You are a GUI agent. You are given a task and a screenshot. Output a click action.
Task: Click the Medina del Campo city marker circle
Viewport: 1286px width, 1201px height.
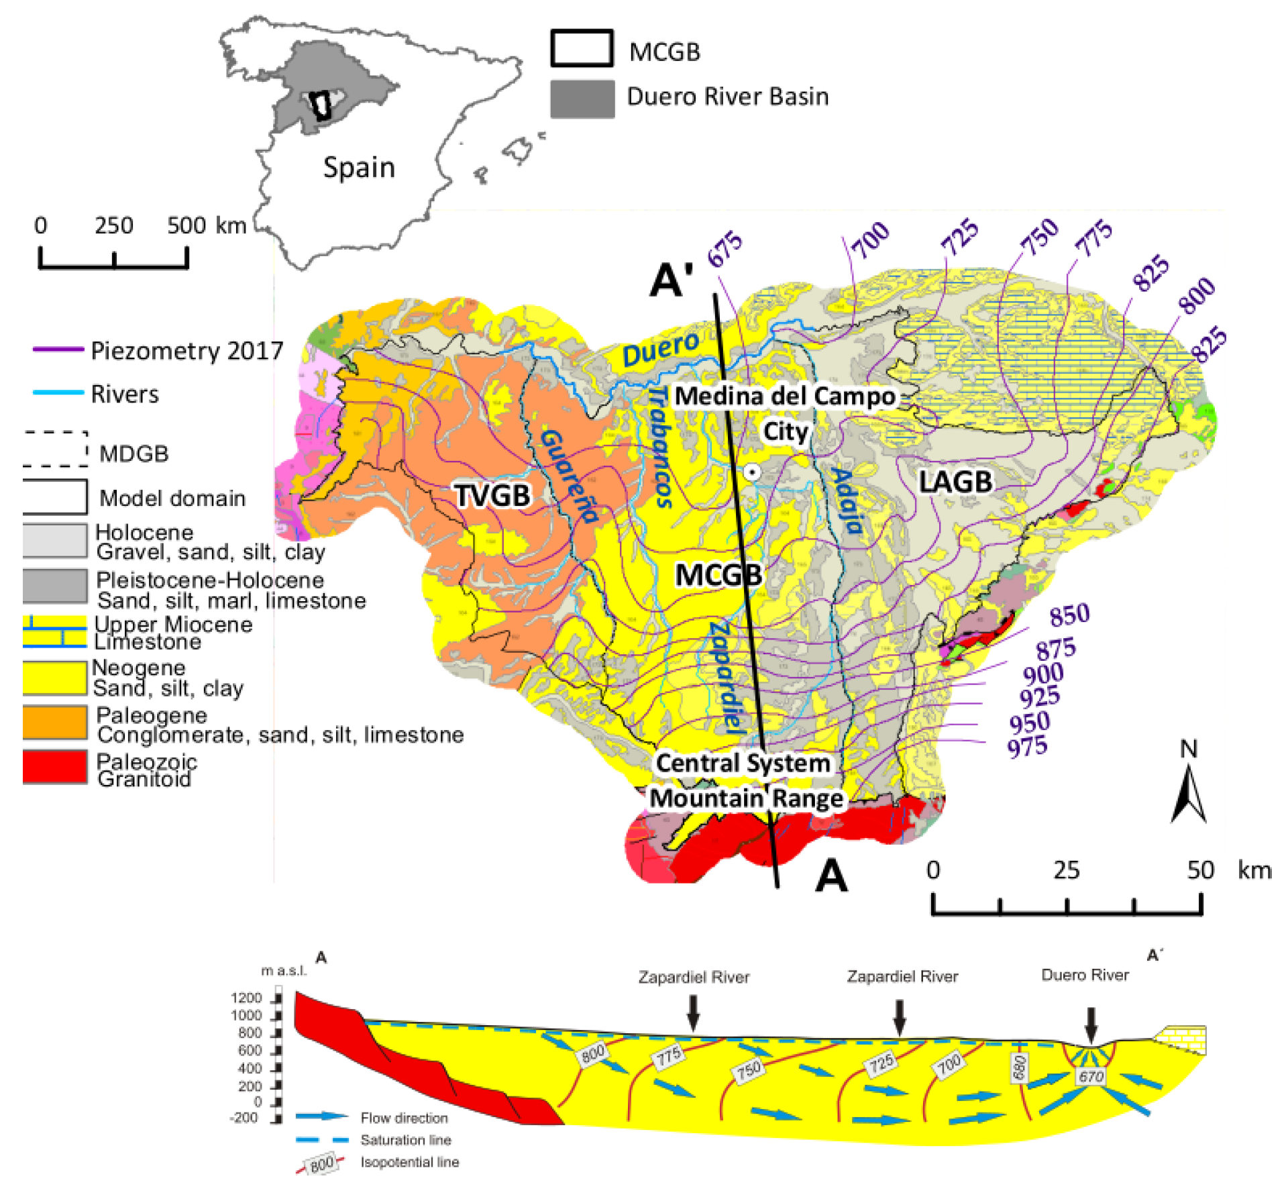753,472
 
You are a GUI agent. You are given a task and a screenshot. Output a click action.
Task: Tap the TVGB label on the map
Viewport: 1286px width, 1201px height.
493,496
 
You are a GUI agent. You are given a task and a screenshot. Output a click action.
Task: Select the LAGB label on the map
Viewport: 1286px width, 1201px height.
955,482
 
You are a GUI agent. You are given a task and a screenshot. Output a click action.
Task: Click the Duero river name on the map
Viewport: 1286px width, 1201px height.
661,348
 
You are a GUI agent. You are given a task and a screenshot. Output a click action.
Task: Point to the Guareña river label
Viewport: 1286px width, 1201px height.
570,476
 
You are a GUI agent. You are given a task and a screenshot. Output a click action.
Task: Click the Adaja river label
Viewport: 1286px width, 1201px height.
847,501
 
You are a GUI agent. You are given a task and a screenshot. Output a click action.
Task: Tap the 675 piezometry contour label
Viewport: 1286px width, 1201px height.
725,249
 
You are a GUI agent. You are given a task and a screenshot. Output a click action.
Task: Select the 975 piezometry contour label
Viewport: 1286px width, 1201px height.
1027,746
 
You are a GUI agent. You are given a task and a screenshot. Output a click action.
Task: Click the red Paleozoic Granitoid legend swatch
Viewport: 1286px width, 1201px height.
55,767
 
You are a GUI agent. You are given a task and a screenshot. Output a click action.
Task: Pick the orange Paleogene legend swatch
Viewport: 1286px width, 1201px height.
55,722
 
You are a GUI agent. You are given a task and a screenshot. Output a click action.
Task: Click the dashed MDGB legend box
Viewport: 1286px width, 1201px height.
55,449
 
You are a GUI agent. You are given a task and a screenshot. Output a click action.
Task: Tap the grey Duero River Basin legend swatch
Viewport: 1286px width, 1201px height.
582,99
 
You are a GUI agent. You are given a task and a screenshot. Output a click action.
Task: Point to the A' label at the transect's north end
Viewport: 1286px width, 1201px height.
671,280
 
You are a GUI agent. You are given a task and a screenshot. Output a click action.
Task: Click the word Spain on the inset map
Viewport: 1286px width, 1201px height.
359,167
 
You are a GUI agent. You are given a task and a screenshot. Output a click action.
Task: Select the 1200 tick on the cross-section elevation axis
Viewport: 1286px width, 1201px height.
246,998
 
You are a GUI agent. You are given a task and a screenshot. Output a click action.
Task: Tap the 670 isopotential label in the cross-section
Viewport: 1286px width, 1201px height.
1091,1077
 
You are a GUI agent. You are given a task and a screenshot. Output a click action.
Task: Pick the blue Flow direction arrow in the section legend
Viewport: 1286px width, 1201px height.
322,1116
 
